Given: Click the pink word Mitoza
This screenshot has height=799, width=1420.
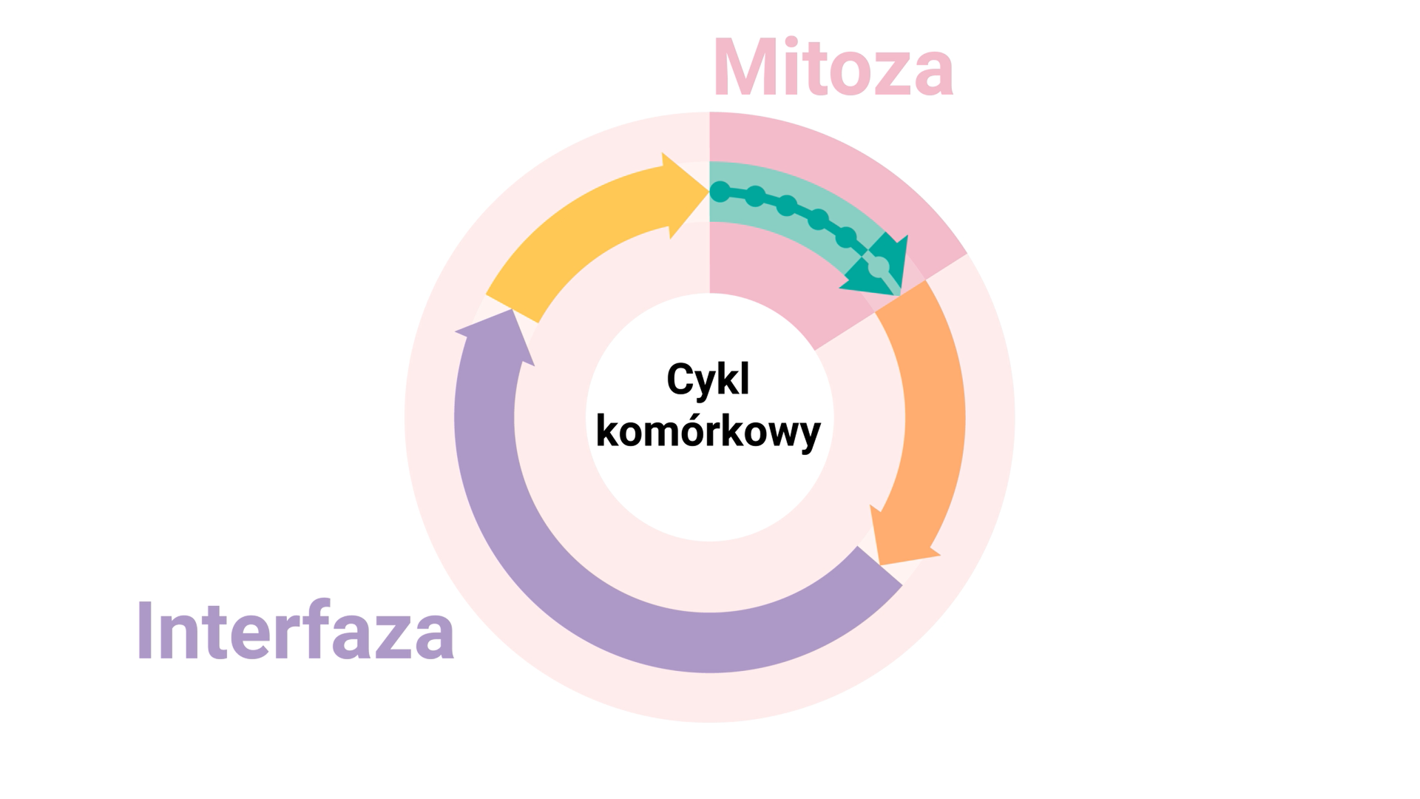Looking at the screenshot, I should (x=833, y=68).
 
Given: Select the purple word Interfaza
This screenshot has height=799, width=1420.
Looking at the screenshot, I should (x=295, y=630).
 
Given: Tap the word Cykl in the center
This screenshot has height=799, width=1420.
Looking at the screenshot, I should (x=708, y=380).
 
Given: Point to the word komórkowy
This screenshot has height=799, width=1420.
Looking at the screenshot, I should (x=708, y=431).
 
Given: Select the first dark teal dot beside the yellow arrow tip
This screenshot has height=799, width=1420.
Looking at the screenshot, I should (x=720, y=192).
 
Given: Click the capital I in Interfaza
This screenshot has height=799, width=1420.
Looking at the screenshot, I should (x=144, y=630).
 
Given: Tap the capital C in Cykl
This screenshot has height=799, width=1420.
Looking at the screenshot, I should (x=681, y=380).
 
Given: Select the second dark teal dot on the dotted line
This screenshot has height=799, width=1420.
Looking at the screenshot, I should (x=755, y=196).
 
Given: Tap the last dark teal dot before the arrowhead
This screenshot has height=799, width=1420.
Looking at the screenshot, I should (x=846, y=237).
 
